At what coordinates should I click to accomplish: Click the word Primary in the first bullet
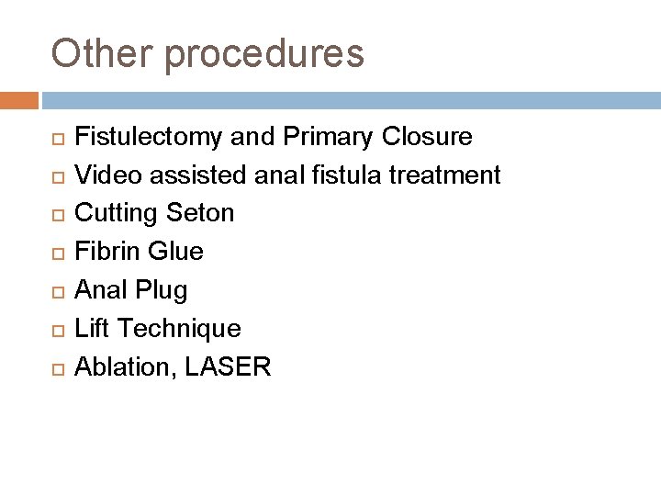click(320, 138)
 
